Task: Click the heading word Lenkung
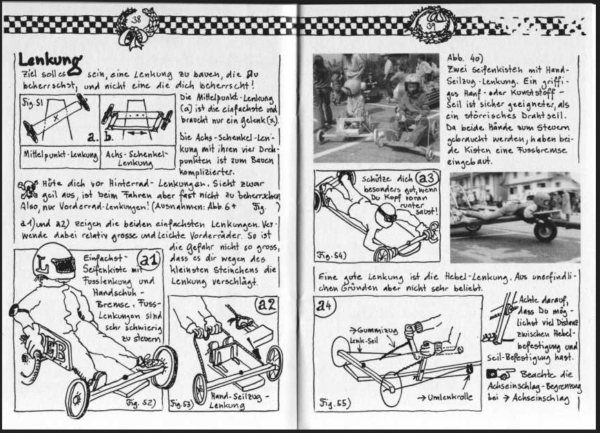(50, 61)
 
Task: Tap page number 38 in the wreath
(136, 19)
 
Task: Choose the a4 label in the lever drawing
(326, 305)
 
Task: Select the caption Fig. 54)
(332, 254)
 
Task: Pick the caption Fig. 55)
(335, 401)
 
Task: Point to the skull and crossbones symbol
(28, 185)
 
